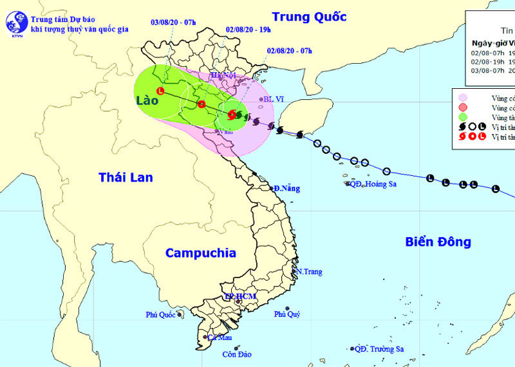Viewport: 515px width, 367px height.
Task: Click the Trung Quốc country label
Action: point(309,17)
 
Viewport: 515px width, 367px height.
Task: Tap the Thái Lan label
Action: point(126,177)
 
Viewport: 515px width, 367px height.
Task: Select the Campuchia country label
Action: point(201,253)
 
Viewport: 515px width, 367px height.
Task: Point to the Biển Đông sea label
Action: point(438,242)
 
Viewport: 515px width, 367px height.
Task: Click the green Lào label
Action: point(147,101)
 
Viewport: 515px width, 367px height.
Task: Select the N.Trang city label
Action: point(309,272)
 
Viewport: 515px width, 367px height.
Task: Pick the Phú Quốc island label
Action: point(161,315)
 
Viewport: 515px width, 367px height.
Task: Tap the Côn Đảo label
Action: point(235,354)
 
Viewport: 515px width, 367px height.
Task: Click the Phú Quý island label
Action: point(287,314)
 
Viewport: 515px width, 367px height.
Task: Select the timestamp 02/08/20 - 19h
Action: point(247,30)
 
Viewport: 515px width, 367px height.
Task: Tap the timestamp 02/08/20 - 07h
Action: point(288,51)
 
